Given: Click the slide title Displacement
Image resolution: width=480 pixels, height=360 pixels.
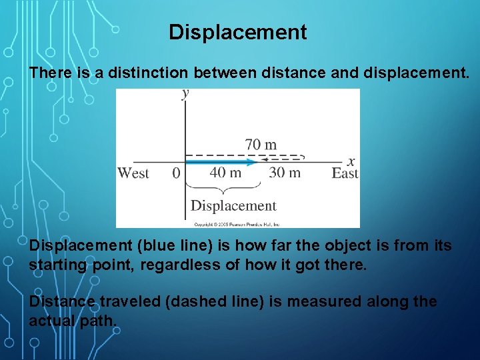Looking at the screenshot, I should click(x=238, y=32).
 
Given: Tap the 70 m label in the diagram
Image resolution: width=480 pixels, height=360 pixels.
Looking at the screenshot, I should click(x=261, y=144).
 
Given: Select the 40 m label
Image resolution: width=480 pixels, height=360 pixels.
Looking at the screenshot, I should click(x=225, y=173).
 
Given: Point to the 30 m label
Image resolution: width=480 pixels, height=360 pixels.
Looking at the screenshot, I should click(x=285, y=173).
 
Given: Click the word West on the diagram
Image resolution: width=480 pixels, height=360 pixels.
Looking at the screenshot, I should click(x=133, y=173).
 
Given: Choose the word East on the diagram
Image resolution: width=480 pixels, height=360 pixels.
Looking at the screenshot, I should click(x=345, y=173).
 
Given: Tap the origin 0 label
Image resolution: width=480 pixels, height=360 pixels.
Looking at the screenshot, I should click(x=176, y=173).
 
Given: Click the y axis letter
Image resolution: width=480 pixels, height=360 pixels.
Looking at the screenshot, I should click(x=185, y=94).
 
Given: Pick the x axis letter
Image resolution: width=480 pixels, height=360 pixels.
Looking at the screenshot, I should click(x=351, y=161).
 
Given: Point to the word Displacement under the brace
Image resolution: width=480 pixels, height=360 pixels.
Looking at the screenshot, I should click(x=233, y=206).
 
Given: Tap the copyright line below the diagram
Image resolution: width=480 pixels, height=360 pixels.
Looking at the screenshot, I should click(x=237, y=224).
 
